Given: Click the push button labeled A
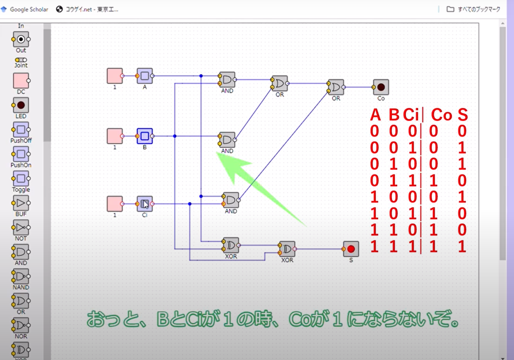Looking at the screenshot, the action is [144, 76].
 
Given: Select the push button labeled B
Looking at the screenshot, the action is [144, 136].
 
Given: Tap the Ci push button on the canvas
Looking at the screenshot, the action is [144, 204].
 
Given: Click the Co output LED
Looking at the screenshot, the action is [381, 87].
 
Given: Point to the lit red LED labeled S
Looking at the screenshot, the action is [351, 249].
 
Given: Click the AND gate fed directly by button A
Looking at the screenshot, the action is [227, 80].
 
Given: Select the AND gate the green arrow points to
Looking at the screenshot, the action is [227, 140].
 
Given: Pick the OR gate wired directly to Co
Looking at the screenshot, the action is [336, 87].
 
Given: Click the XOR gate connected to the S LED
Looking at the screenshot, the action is [287, 249].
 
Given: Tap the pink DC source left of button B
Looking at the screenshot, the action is [115, 136].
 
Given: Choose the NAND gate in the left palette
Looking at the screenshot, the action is [21, 276].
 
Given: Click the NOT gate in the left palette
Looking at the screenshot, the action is [21, 227].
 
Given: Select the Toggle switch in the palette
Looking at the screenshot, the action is [21, 179].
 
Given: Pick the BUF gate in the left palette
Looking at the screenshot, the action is [21, 203].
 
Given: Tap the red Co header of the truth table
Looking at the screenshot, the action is [441, 115].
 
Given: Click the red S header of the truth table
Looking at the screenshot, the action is [462, 115].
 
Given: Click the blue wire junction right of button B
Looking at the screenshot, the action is [175, 136].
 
